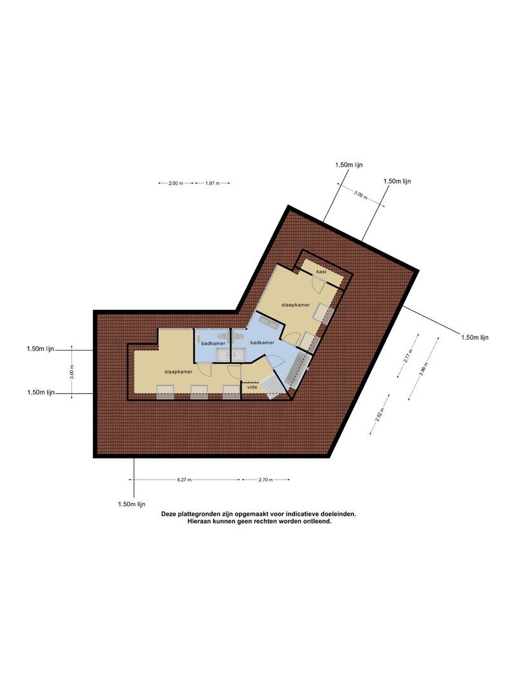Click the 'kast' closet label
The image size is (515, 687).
321,272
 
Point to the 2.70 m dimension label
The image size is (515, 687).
265,480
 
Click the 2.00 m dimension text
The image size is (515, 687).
175,183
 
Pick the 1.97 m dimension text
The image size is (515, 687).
212,183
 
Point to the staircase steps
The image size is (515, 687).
271,384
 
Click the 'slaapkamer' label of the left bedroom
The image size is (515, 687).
178,371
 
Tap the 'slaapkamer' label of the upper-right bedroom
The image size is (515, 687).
296,305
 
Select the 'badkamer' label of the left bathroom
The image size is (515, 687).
213,343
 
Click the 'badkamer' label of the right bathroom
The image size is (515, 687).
263,343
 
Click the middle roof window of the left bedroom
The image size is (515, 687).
199,392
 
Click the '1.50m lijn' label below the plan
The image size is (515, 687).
132,504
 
